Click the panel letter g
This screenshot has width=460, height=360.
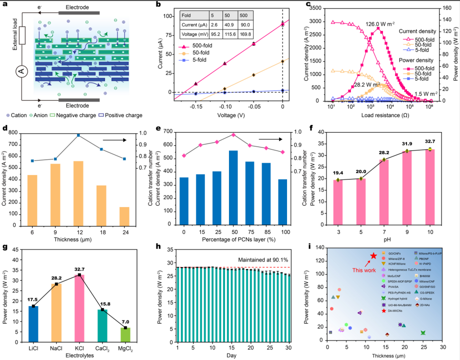pos(4,246)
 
